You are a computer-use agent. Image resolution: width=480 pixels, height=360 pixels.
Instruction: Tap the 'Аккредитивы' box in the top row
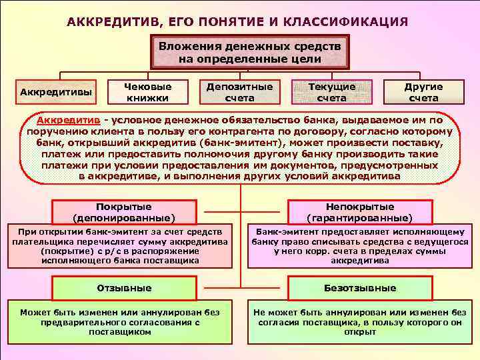click(x=57, y=91)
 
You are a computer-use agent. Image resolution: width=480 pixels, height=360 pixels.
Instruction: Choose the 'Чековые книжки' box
click(x=148, y=92)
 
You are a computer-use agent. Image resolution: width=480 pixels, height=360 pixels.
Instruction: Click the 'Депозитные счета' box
click(x=239, y=92)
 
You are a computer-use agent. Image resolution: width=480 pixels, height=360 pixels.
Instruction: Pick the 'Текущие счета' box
click(x=331, y=92)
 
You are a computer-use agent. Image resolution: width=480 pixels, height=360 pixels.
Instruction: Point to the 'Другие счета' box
click(x=423, y=92)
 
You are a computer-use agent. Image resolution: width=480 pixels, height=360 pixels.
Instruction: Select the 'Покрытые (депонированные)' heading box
click(x=123, y=212)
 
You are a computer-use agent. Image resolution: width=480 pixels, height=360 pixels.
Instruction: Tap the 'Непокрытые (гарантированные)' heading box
click(x=359, y=212)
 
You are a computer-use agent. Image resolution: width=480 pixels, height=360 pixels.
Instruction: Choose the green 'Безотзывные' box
click(x=361, y=288)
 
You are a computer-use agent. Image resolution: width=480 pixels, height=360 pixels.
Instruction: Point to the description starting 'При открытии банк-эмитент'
click(x=120, y=245)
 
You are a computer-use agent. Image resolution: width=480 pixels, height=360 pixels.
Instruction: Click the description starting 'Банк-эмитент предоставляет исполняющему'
click(x=360, y=245)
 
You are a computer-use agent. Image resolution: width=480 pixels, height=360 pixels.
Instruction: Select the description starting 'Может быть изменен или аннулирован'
click(x=120, y=321)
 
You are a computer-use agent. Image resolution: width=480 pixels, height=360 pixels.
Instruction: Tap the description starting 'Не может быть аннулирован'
click(x=360, y=321)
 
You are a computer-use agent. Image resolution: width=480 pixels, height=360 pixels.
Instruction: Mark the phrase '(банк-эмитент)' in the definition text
click(x=224, y=143)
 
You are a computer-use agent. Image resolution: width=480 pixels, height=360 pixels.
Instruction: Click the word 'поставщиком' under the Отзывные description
click(x=120, y=331)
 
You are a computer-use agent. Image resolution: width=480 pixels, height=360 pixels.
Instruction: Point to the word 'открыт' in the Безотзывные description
click(x=360, y=331)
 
